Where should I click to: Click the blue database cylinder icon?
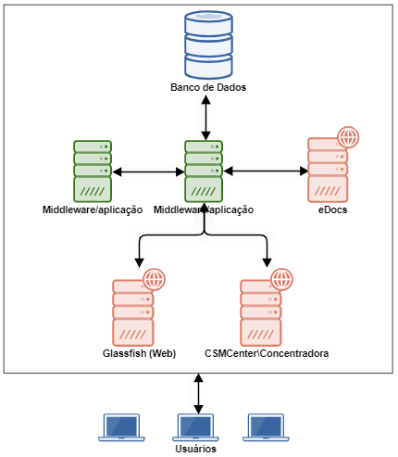[x=208, y=44]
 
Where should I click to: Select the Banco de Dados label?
[x=208, y=87]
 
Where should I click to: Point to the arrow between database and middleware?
[x=205, y=118]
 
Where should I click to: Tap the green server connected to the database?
[x=204, y=171]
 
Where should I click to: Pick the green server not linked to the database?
[x=93, y=171]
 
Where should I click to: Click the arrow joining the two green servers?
[x=148, y=172]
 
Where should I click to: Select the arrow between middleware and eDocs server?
[x=266, y=171]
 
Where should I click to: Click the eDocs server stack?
[x=328, y=170]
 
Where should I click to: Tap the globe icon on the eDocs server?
[x=348, y=137]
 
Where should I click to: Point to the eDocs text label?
[x=332, y=209]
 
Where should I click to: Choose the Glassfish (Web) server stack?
[x=133, y=312]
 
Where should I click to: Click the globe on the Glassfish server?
[x=155, y=279]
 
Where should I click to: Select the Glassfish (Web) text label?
[x=139, y=353]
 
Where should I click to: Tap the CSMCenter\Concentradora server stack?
[x=261, y=312]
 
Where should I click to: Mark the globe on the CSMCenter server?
[x=281, y=279]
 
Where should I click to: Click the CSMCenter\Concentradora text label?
[x=267, y=353]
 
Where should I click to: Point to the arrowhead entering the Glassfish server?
[x=140, y=262]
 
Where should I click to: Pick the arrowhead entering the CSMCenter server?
[x=267, y=262]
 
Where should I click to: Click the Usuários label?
[x=195, y=449]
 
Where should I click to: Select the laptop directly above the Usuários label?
[x=195, y=427]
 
